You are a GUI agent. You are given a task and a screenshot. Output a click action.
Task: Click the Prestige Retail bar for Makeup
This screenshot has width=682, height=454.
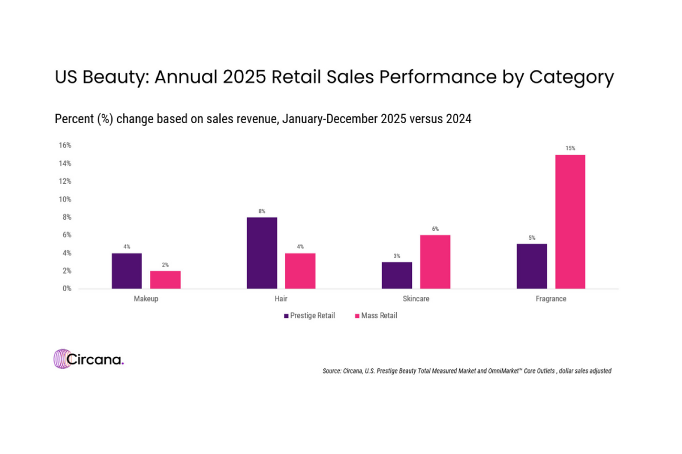pyautogui.click(x=127, y=271)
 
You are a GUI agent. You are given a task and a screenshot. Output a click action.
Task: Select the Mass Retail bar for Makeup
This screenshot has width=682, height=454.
pyautogui.click(x=165, y=280)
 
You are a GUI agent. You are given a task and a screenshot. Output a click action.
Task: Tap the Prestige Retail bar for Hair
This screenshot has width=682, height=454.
pyautogui.click(x=262, y=253)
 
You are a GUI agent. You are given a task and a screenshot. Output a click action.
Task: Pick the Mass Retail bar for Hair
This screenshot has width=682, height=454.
pyautogui.click(x=300, y=271)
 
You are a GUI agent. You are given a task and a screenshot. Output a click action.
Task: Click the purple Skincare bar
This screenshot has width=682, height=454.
pyautogui.click(x=397, y=275)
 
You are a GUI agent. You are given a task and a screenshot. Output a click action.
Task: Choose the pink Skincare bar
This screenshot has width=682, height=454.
pyautogui.click(x=435, y=262)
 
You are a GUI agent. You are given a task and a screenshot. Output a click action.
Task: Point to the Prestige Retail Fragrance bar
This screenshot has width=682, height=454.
pyautogui.click(x=532, y=266)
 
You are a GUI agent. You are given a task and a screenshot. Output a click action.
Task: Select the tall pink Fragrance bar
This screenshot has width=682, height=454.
pyautogui.click(x=570, y=222)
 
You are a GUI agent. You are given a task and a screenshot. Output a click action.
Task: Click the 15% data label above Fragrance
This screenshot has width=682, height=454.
pyautogui.click(x=570, y=149)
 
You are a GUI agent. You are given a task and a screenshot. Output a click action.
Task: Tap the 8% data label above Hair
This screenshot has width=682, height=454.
pyautogui.click(x=262, y=211)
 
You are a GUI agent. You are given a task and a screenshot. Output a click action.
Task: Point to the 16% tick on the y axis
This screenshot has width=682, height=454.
pyautogui.click(x=64, y=145)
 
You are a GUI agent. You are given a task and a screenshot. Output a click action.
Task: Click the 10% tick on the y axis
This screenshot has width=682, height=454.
pyautogui.click(x=64, y=199)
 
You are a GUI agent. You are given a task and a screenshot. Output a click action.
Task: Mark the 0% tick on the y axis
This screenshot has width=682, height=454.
pyautogui.click(x=66, y=289)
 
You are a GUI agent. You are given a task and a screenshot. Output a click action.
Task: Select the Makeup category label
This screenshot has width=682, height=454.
pyautogui.click(x=146, y=299)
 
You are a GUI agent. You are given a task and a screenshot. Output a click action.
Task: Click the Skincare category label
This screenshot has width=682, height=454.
pyautogui.click(x=416, y=299)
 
